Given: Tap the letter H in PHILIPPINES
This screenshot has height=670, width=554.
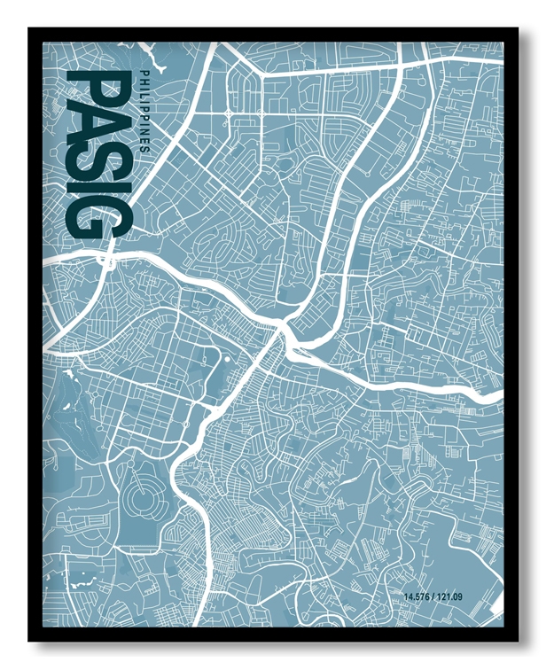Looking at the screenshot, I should pos(142,80).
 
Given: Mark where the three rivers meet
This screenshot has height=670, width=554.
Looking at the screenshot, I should pos(284,332).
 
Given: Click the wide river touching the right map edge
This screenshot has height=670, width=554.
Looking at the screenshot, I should pos(479,393).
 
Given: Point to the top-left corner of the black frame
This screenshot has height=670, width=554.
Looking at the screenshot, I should pos(29,28).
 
